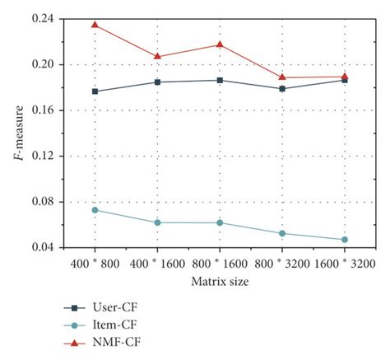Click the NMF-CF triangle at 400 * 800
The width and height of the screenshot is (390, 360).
(95, 25)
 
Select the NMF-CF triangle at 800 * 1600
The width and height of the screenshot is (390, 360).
(220, 44)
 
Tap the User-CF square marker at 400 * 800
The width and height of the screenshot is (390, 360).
(95, 91)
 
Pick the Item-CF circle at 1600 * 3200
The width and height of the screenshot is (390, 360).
(345, 240)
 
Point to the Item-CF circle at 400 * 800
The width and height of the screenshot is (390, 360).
(95, 210)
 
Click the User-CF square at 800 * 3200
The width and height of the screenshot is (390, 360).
(282, 88)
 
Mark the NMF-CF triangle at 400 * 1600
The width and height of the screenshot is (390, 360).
(157, 56)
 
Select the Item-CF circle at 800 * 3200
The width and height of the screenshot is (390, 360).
(282, 233)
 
